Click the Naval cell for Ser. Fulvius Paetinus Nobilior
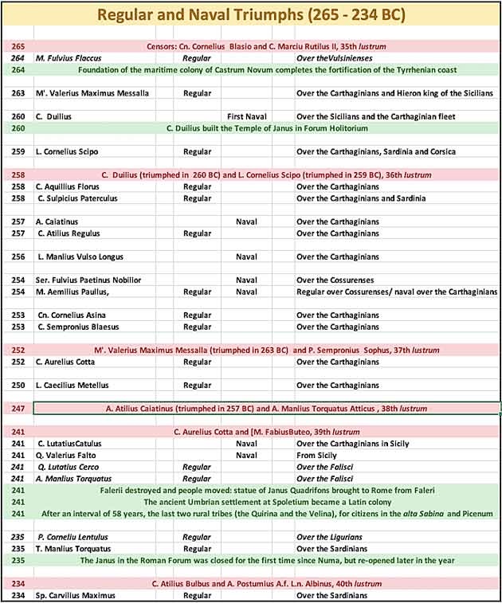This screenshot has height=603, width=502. tap(246, 280)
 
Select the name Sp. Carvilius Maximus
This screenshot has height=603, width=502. tap(76, 596)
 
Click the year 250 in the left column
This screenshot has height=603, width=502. tap(18, 386)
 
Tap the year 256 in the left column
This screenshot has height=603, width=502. tap(18, 256)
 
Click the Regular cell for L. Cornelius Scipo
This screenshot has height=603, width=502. tap(197, 151)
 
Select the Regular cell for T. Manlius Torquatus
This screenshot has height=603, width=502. tap(197, 549)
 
